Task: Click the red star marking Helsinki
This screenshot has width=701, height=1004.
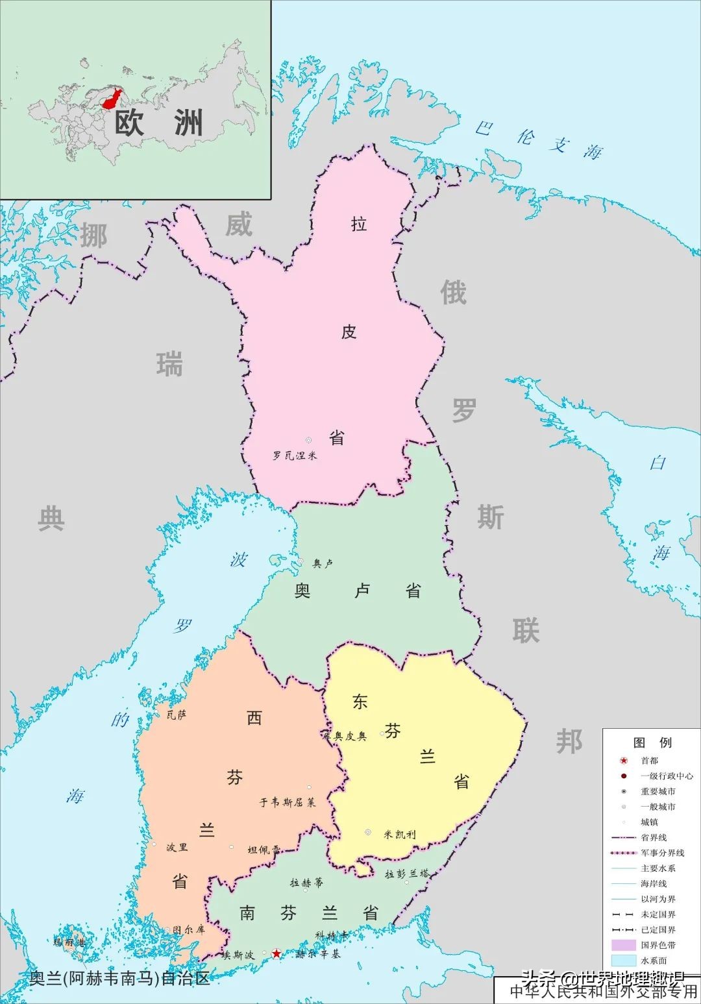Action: coord(277,953)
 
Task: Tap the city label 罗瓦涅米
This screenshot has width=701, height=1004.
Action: coord(295,456)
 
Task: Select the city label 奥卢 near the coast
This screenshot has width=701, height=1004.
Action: coord(323,563)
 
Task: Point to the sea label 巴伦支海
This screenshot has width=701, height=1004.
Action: coord(538,139)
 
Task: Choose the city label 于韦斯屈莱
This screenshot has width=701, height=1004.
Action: coord(288,802)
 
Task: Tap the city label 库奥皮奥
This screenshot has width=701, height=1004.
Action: coord(345,736)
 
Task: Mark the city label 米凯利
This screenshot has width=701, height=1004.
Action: coord(399,834)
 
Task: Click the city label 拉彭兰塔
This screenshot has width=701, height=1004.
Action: coord(407,874)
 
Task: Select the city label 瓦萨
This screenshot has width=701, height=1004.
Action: coord(177,715)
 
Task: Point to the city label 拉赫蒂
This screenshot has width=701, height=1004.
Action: coord(306,883)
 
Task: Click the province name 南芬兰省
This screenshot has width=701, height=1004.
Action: coord(309,913)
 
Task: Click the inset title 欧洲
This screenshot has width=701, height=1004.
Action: coord(158,123)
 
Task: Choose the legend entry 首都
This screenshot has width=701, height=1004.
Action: coord(649,761)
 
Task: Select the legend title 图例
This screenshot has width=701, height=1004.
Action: coord(652,742)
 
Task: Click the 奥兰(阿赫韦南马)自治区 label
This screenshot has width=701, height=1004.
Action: coord(120,978)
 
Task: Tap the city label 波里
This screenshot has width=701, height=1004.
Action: coord(177,847)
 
